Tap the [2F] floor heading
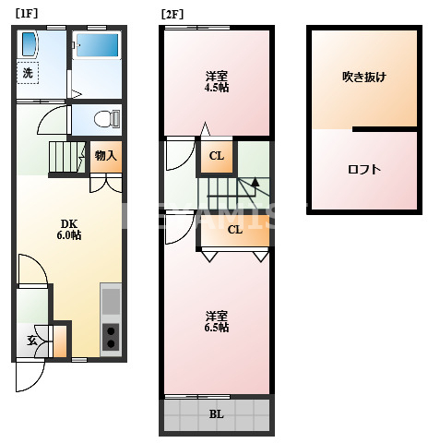(x=171, y=14)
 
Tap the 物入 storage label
(x=106, y=155)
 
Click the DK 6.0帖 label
(x=70, y=229)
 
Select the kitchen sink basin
(x=111, y=301)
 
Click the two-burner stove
(x=111, y=336)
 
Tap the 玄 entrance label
(x=30, y=340)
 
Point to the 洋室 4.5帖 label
(x=217, y=81)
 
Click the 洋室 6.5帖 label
(x=217, y=321)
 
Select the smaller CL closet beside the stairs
(x=216, y=156)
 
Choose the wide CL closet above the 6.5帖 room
(x=234, y=230)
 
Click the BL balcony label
(x=216, y=413)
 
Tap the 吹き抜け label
(x=363, y=77)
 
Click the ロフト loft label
(x=364, y=169)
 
